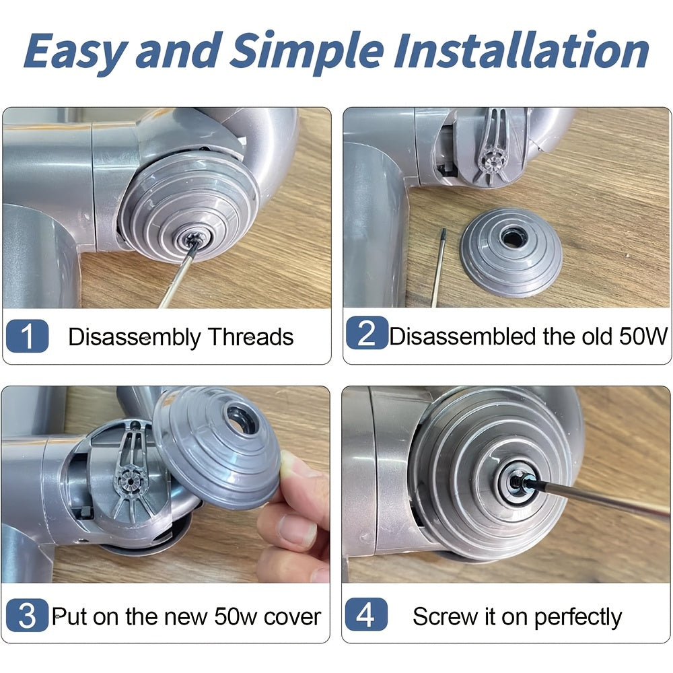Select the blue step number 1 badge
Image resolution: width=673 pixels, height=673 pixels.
click(x=27, y=336)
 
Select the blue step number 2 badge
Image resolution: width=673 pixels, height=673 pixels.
click(x=367, y=333)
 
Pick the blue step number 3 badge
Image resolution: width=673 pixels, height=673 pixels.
click(x=27, y=615)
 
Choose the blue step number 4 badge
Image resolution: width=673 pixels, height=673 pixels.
click(x=365, y=614)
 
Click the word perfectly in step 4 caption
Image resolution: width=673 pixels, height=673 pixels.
click(x=577, y=618)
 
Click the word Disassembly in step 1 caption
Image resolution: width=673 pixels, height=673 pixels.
click(x=134, y=338)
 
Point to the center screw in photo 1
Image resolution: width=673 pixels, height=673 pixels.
click(x=192, y=236)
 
